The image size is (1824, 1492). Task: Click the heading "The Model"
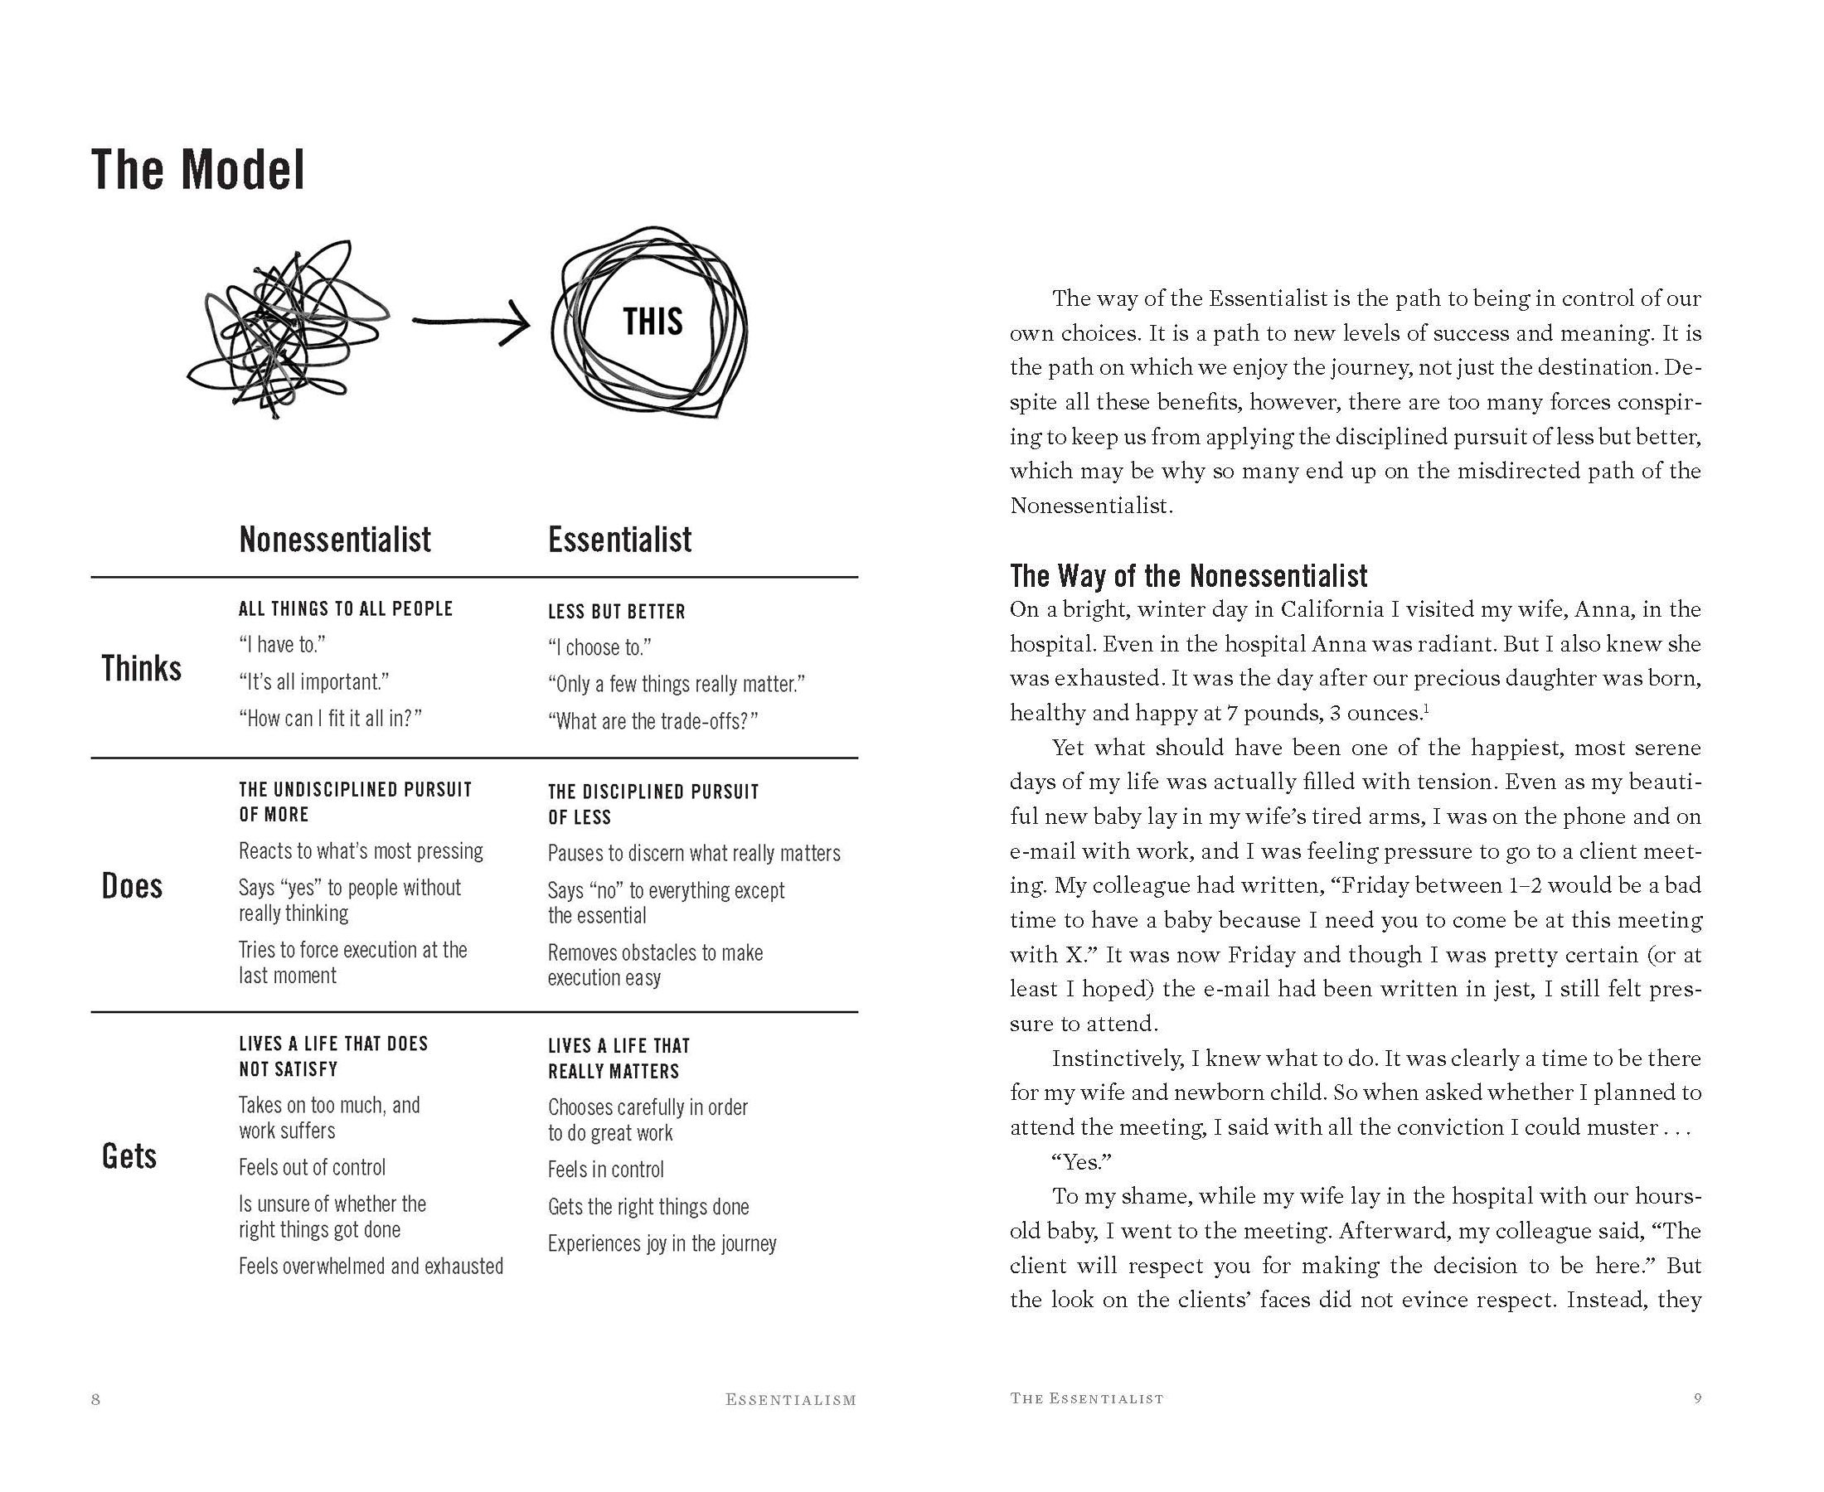197,170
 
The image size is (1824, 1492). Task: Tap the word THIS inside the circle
652,322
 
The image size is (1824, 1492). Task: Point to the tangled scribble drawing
284,331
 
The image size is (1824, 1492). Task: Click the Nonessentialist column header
334,540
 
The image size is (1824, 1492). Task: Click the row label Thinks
141,669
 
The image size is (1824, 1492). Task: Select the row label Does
132,886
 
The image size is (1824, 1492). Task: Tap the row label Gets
129,1156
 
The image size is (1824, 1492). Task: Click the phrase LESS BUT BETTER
616,612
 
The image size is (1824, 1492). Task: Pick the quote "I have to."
282,645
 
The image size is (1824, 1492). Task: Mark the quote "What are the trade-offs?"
652,721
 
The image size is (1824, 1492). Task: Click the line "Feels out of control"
312,1167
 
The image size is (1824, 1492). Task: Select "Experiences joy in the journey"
662,1243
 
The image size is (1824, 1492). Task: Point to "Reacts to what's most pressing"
361,850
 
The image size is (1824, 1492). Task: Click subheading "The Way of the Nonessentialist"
1188,575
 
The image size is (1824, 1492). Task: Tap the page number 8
95,1399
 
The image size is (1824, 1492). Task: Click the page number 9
1697,1398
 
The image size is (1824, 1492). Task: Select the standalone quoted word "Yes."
1081,1162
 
